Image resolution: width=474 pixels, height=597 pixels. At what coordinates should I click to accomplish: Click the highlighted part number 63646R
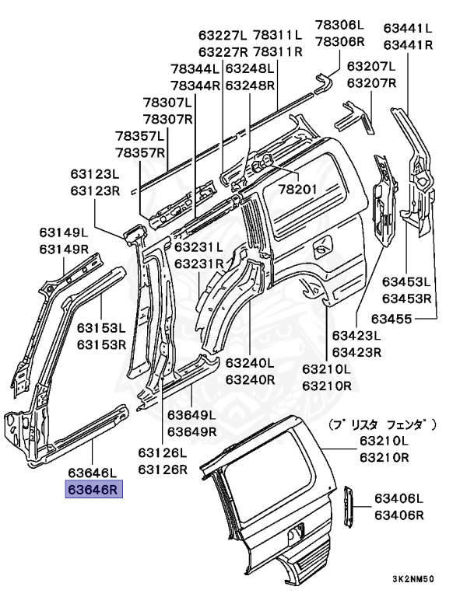point(92,490)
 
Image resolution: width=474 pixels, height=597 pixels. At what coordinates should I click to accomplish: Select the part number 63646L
point(92,472)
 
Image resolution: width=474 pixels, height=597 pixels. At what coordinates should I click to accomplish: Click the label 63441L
point(408,27)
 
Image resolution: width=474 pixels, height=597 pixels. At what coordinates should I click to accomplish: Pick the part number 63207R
point(371,83)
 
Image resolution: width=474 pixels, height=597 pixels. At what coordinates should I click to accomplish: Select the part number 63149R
point(65,249)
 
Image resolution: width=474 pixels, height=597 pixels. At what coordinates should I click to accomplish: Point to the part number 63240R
point(250,380)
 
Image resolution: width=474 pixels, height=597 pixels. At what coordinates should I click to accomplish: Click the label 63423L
point(356,336)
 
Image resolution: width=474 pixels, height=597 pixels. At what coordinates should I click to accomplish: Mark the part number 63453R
point(406,298)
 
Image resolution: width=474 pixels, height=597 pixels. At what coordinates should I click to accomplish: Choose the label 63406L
point(399,498)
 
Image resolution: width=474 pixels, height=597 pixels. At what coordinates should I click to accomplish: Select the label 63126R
point(163,470)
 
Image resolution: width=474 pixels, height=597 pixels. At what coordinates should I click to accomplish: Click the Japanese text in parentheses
point(381,424)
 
